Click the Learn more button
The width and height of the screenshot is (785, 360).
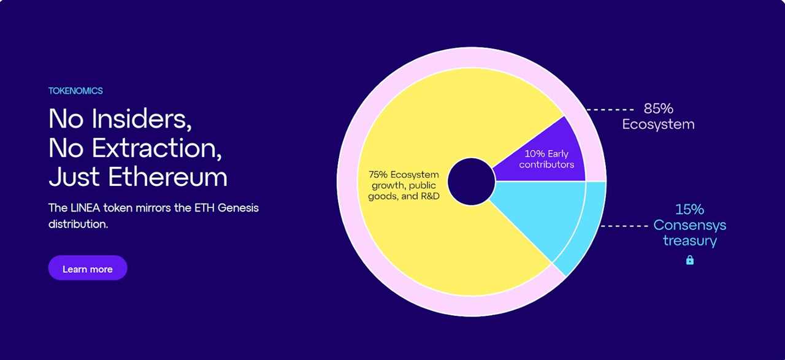(88, 269)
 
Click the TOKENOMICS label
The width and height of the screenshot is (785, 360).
(75, 91)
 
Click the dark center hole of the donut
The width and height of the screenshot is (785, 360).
(471, 182)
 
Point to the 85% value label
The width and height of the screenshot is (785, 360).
(658, 109)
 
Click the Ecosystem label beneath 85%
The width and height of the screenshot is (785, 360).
(658, 124)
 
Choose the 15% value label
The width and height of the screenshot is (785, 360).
(690, 209)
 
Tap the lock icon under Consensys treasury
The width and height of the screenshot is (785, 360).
(690, 261)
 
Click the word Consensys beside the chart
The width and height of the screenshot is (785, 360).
(690, 225)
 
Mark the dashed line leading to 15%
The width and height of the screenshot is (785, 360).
(624, 226)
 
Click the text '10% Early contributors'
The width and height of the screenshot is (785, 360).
(546, 159)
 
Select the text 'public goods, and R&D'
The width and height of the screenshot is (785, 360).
(404, 191)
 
